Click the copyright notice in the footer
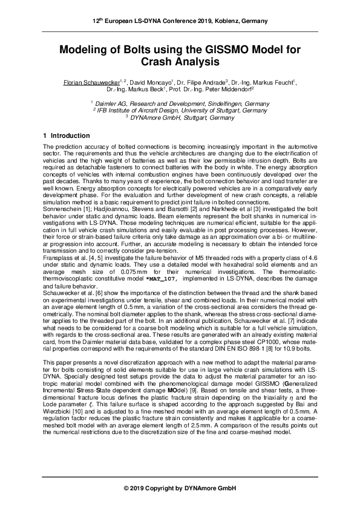point(180,487)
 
